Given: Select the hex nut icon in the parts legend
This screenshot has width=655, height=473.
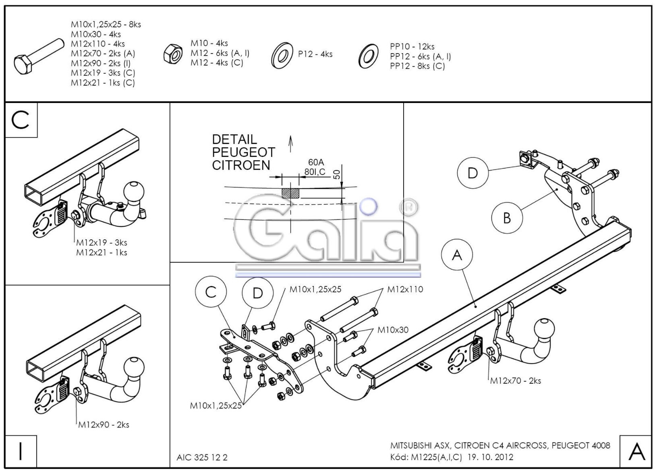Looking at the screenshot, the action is (173, 54).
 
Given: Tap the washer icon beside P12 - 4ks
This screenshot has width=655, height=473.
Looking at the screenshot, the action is (282, 56).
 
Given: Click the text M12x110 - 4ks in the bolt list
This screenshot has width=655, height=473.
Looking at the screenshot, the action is (97, 44).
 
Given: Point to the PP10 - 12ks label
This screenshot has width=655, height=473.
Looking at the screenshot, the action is (412, 46).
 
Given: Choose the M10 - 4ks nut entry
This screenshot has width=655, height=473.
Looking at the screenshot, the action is (209, 43).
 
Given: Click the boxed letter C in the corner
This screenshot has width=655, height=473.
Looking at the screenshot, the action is (21, 120).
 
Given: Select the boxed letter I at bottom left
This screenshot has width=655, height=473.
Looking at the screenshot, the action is (21, 451).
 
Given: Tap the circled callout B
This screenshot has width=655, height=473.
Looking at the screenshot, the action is (507, 218).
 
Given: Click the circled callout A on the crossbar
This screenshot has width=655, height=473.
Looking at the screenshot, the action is (457, 255).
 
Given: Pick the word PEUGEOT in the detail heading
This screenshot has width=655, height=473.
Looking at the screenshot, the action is (244, 152).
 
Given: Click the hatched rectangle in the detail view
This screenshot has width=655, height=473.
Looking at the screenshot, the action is (290, 193).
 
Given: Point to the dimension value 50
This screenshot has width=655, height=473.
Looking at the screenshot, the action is (337, 174).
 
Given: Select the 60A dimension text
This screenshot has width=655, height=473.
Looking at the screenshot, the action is (316, 162).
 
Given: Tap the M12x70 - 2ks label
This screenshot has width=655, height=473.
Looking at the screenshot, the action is (516, 381).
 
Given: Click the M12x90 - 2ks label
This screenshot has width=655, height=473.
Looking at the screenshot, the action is (104, 424).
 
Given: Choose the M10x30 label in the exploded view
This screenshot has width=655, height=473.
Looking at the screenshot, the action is (393, 330).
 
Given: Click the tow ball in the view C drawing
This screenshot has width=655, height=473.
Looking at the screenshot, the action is (134, 192).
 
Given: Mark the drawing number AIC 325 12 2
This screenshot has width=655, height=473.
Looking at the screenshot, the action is (202, 457).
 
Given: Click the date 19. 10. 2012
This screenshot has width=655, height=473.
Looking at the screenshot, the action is (490, 457).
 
